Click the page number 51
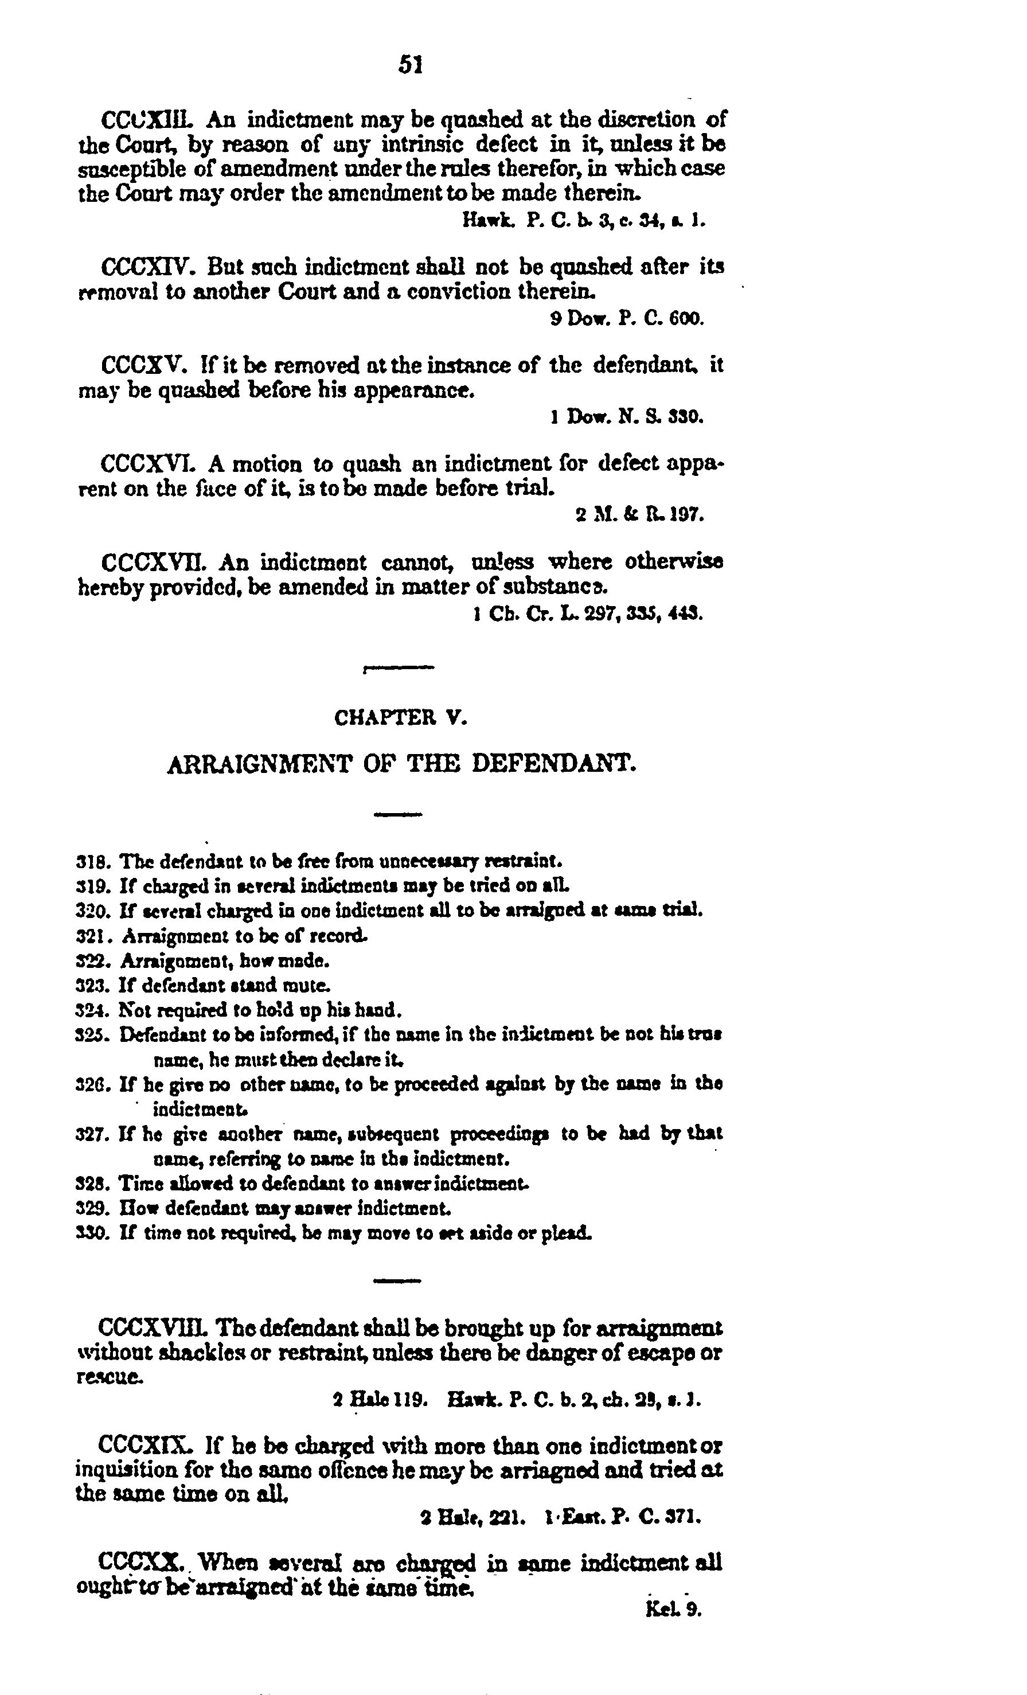[410, 65]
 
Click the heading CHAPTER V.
[401, 718]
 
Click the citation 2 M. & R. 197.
[639, 514]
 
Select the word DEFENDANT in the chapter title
[552, 764]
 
